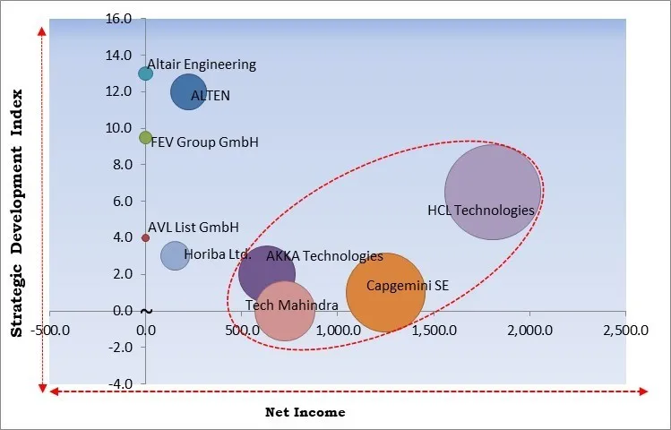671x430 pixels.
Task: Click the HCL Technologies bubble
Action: [493, 192]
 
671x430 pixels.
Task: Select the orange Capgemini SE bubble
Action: [385, 292]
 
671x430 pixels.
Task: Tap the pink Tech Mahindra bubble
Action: [285, 312]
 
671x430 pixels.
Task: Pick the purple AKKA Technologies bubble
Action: [266, 273]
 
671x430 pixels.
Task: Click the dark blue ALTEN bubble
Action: [188, 92]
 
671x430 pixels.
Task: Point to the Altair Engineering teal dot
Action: [145, 73]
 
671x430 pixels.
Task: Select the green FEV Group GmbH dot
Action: [145, 137]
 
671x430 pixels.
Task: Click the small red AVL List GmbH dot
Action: [145, 237]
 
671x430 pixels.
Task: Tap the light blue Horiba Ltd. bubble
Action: [175, 256]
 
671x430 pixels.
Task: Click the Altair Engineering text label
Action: [202, 64]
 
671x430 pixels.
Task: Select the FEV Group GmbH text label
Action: [204, 142]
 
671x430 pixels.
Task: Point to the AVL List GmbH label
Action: [194, 228]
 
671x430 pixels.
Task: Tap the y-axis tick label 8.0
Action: [121, 165]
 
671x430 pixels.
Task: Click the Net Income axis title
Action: [305, 412]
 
